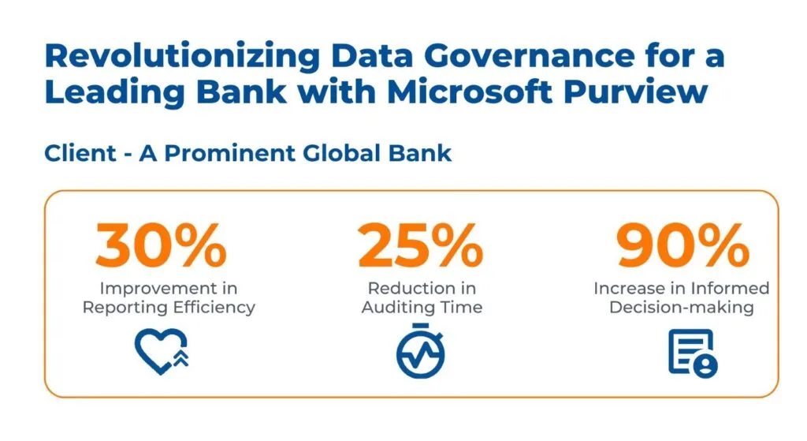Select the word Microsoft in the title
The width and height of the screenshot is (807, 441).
pyautogui.click(x=470, y=92)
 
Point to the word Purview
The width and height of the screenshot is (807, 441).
pyautogui.click(x=636, y=92)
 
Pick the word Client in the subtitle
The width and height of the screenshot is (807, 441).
pyautogui.click(x=80, y=153)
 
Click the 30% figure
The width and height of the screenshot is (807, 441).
pyautogui.click(x=161, y=245)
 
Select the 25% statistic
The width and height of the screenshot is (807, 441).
pyautogui.click(x=421, y=245)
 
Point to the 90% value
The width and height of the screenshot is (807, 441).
pyautogui.click(x=683, y=245)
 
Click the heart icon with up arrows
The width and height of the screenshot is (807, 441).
pyautogui.click(x=162, y=351)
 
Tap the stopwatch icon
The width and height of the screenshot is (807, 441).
pyautogui.click(x=421, y=351)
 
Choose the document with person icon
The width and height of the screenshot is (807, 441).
pyautogui.click(x=693, y=353)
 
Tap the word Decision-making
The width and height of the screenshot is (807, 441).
pyautogui.click(x=682, y=308)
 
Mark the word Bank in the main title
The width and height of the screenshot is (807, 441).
pyautogui.click(x=242, y=92)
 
